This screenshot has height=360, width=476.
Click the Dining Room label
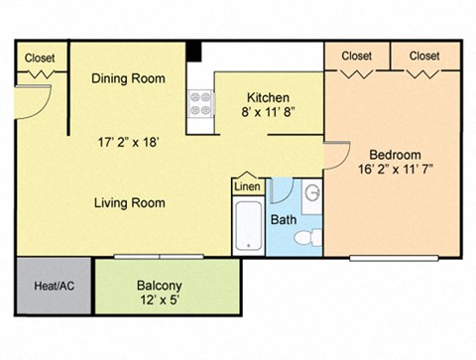pos(128,78)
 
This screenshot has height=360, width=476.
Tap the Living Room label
pos(129,202)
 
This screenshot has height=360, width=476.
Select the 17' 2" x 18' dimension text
pos(128,141)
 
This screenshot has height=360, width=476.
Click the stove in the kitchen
pos(201,104)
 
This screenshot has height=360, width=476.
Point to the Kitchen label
pos(268,98)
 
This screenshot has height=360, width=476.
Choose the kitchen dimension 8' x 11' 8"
pos(268,114)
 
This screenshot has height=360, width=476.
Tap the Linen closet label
pos(247,186)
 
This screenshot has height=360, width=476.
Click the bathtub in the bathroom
pos(247,228)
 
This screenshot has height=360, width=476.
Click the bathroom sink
pos(310,193)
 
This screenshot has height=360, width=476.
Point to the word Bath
pos(284,219)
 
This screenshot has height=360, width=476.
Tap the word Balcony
pos(159,286)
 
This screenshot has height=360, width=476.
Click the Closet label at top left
pos(40,58)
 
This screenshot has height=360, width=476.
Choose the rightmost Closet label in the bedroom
pos(423,56)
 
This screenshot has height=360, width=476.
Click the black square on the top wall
pos(196,51)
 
